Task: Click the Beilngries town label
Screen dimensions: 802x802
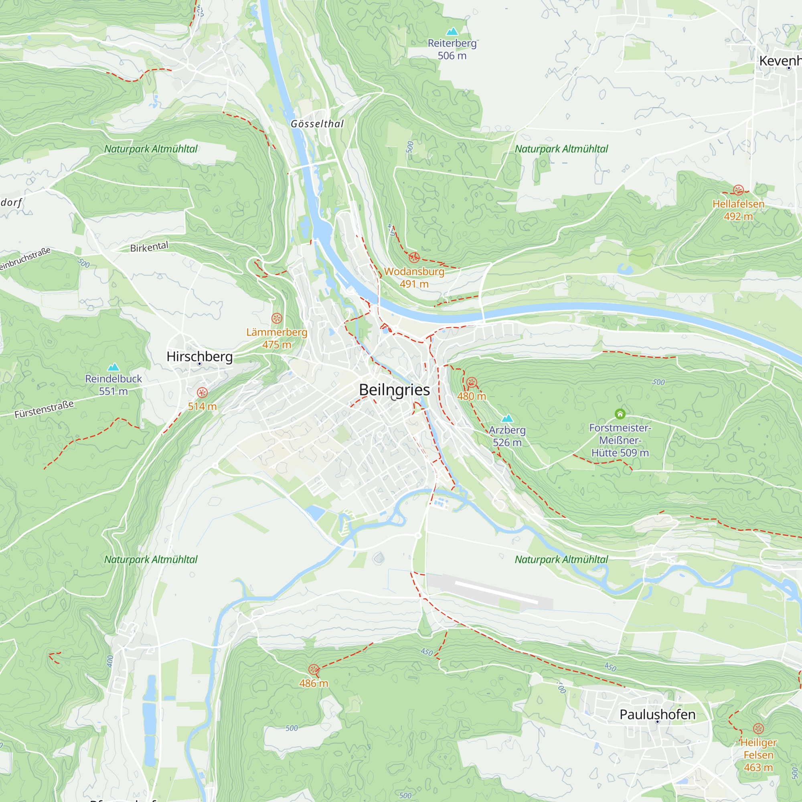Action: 394,390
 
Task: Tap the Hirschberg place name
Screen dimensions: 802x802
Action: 199,356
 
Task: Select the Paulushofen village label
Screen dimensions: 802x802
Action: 657,715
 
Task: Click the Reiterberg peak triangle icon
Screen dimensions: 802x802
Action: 452,32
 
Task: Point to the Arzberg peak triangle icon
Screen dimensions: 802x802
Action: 507,418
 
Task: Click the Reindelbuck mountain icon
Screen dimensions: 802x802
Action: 113,367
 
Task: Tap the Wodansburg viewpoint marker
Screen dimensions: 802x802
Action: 414,257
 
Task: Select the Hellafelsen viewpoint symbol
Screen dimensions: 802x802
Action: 738,190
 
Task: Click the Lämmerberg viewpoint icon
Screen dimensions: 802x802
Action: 277,318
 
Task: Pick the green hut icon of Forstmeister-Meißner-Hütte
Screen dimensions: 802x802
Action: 620,413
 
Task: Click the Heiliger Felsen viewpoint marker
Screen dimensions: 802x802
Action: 758,729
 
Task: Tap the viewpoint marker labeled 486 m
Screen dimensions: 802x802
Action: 314,669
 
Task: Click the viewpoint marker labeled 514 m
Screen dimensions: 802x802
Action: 202,392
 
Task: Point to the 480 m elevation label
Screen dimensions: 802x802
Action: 472,396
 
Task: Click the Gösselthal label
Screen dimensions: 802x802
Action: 317,124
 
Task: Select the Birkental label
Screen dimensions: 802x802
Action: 149,247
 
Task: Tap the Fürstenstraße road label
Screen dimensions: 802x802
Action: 44,409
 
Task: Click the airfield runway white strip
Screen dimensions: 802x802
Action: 496,592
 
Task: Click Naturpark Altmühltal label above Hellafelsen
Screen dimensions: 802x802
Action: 561,149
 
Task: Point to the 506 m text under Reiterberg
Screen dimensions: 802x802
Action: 452,56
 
